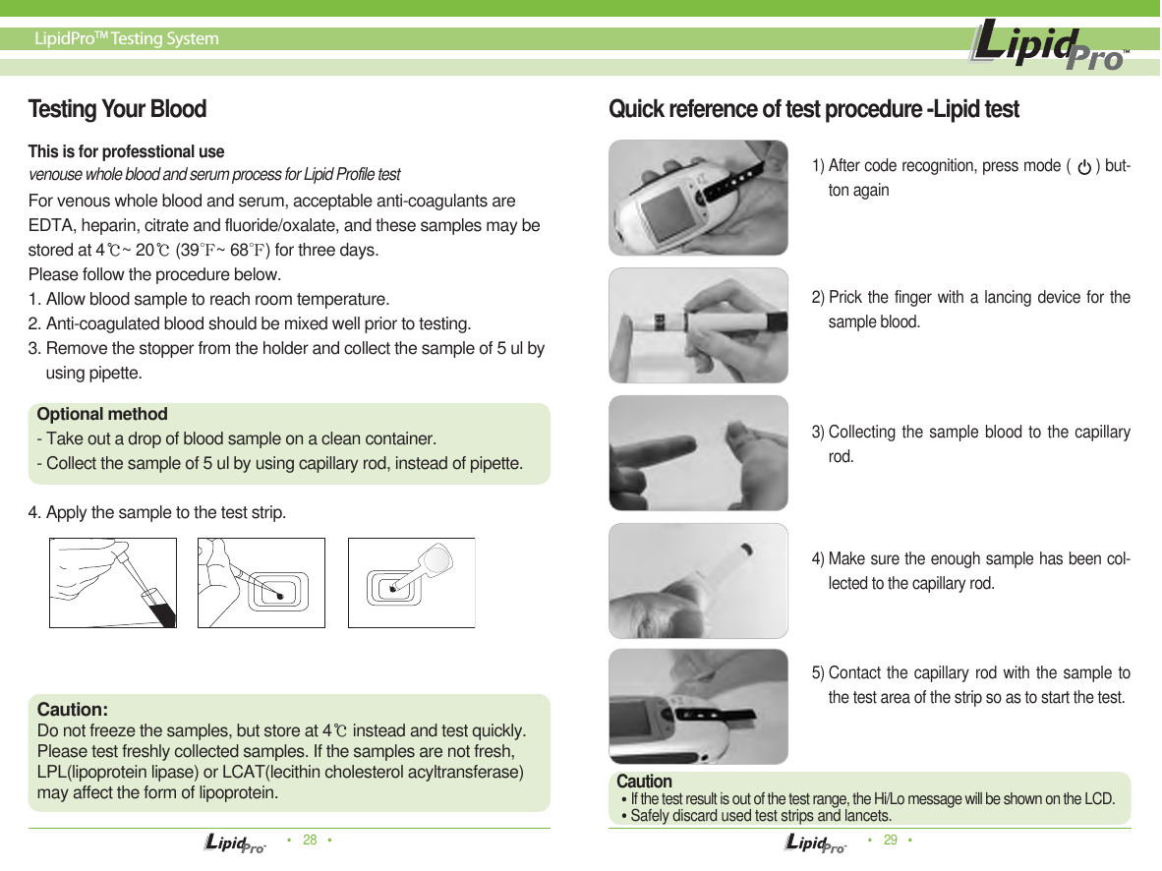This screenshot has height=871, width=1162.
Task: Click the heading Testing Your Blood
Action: click(117, 109)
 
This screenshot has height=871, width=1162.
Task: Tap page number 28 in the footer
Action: click(310, 841)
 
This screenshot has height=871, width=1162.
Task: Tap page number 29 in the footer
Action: click(891, 841)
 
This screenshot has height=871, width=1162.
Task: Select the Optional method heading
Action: click(102, 415)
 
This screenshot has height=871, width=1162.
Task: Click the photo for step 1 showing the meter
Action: click(698, 197)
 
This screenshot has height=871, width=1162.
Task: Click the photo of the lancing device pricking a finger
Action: click(698, 324)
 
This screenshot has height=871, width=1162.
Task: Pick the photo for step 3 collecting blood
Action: click(698, 453)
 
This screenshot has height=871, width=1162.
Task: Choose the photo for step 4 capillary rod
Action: click(698, 580)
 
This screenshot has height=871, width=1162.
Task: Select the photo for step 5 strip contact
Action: click(698, 706)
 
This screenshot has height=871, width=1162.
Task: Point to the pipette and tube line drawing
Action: click(113, 582)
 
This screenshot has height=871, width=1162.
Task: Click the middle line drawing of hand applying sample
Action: click(261, 582)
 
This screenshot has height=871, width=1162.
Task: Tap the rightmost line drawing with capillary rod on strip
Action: click(411, 582)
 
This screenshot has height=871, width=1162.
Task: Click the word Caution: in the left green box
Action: click(72, 710)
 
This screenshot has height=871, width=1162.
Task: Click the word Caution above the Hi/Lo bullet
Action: click(644, 782)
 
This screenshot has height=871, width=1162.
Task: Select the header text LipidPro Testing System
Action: click(127, 39)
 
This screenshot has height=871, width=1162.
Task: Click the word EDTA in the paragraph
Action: click(50, 226)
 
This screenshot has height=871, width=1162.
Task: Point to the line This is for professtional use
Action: click(126, 152)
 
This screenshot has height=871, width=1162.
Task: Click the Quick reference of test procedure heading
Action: click(814, 109)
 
